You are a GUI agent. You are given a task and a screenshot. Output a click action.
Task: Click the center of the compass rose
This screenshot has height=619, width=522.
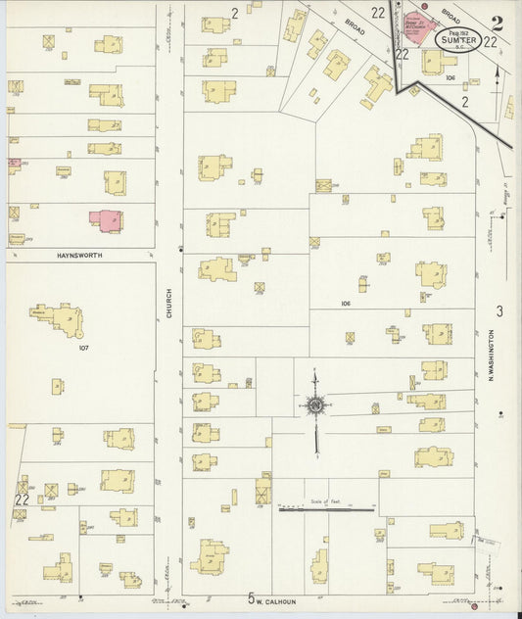[x=315, y=404]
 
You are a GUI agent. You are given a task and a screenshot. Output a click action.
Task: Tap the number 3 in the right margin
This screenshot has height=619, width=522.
[x=498, y=312]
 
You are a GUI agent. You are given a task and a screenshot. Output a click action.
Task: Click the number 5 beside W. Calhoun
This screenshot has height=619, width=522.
[x=251, y=598]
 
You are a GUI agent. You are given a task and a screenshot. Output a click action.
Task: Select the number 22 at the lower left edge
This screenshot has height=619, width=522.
[x=20, y=499]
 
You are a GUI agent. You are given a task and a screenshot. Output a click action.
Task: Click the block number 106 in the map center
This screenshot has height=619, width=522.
[x=345, y=304]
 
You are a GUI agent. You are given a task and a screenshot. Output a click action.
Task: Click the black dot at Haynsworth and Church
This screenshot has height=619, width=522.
[x=181, y=250]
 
